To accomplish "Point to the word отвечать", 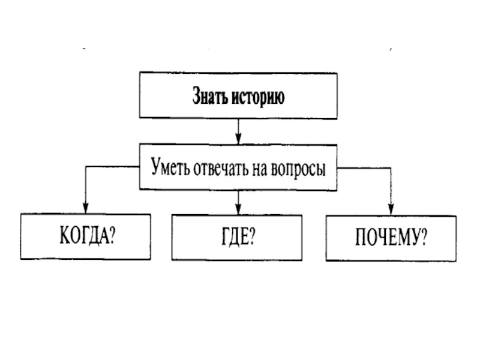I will point(222,169).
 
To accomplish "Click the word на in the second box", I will point(263,169).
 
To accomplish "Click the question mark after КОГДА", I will point(113,236).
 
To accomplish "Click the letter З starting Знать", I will point(196,96).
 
